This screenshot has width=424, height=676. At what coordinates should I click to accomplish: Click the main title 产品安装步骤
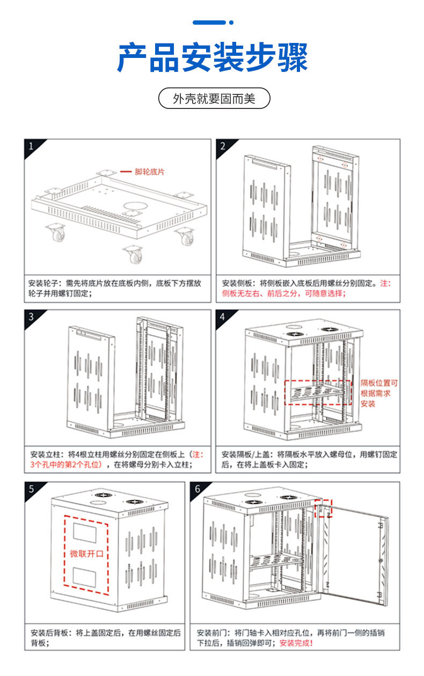(212, 57)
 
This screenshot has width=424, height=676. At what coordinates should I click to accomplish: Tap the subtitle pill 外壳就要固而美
(214, 99)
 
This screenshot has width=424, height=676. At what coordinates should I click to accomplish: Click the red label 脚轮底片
(149, 172)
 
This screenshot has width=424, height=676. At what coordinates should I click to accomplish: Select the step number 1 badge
(31, 146)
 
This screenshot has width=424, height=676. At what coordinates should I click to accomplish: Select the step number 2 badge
(223, 146)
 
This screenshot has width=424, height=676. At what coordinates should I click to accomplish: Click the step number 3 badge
(31, 317)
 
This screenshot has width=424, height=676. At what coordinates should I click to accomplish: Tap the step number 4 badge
(223, 317)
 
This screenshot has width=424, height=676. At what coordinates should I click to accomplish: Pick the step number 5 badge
(31, 489)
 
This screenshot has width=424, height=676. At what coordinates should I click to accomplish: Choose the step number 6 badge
(197, 489)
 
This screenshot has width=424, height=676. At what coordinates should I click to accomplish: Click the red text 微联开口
(86, 554)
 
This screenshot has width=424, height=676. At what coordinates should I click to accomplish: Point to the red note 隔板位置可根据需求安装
(379, 393)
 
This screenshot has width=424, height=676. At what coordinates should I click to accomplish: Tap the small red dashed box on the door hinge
(324, 508)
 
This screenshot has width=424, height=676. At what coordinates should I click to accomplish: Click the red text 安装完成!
(296, 643)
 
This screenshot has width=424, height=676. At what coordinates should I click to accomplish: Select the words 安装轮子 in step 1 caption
(43, 283)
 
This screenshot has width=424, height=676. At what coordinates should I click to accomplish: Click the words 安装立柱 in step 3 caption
(43, 454)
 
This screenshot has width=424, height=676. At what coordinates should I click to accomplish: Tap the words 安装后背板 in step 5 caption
(48, 633)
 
